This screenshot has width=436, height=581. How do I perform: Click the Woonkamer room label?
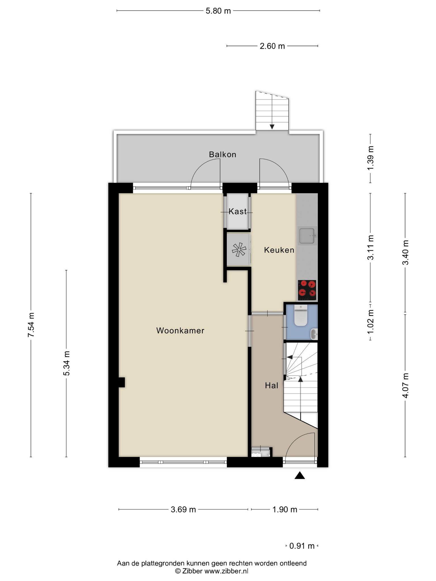coord(180,331)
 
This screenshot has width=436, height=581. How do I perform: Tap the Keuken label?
coord(279,250)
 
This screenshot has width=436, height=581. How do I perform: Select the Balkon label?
coord(223,155)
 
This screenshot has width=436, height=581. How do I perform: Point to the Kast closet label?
coord(238,211)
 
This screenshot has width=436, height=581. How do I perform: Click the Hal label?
coord(271,385)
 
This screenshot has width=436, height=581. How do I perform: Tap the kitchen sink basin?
coord(307,236)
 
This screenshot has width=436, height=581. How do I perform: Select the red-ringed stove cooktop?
coord(307,290)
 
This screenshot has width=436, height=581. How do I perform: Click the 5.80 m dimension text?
coord(218,11)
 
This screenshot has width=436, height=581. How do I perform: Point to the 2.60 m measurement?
coord(272,46)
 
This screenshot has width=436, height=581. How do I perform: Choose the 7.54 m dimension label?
coord(31,325)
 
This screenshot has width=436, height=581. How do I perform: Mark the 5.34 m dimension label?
coord(66,363)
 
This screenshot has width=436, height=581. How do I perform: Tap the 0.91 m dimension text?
coord(302,546)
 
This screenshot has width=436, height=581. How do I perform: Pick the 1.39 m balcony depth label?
coord(370,158)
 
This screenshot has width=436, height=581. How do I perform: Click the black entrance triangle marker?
coord(299,476)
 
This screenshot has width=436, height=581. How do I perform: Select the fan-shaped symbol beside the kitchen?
coord(238,250)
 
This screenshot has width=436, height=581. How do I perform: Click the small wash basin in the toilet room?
coord(314,334)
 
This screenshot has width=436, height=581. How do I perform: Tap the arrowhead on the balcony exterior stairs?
coord(272,127)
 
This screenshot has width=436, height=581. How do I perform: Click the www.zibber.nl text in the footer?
coord(226,571)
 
